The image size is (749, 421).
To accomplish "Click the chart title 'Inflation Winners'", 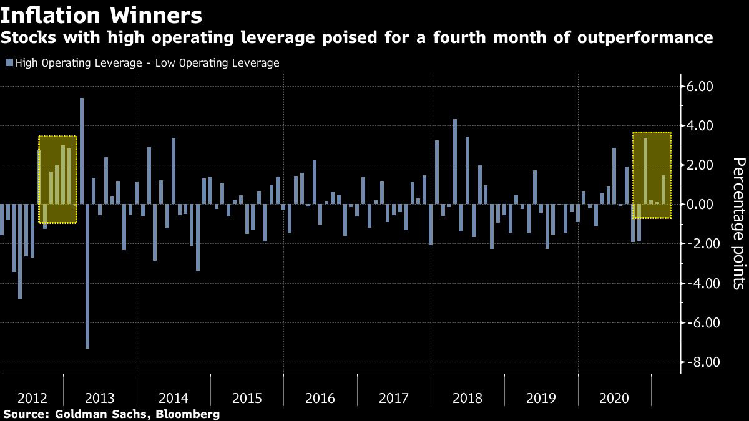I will point(101,15).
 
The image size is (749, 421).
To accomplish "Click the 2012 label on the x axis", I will point(31,398).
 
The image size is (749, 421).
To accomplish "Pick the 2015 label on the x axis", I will point(247,398).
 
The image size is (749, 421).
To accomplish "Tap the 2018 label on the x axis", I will point(467,398).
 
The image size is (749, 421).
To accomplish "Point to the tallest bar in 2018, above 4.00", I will point(455,162).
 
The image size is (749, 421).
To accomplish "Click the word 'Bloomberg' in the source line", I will point(190,414).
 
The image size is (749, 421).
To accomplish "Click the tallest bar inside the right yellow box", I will point(645,171).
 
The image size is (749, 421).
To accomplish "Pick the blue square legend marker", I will point(9,63).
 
